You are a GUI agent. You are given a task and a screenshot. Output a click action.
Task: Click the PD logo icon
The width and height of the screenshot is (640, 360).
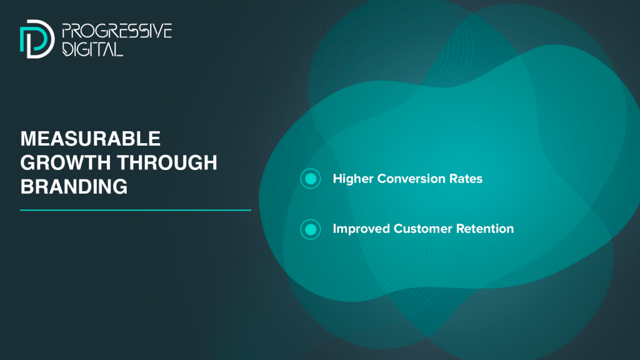pos(37,39)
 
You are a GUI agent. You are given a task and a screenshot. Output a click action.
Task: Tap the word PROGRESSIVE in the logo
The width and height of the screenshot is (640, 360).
pos(117,31)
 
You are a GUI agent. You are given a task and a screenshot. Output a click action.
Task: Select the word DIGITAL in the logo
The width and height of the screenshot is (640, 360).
pos(92,49)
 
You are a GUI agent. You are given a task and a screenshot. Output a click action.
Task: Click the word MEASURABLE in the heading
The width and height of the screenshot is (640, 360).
pos(90,139)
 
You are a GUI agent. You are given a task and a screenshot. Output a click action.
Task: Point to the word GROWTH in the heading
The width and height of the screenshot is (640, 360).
pos(65,162)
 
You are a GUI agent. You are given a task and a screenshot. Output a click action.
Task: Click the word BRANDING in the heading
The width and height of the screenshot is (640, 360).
pos(74,186)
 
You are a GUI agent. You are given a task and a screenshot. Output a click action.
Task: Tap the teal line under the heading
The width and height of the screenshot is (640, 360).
pos(136,210)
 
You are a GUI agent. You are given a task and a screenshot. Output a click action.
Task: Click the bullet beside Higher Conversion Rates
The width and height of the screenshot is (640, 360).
pos(311,179)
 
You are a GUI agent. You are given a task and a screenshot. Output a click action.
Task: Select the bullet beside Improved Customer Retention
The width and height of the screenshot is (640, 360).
pos(311,229)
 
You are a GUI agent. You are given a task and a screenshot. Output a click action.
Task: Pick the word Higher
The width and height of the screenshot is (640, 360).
pos(352,179)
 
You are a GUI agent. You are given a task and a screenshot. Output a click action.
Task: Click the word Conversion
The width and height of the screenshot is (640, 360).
pos(411,179)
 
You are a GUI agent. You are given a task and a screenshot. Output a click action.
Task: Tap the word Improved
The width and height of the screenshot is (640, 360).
pos(361,229)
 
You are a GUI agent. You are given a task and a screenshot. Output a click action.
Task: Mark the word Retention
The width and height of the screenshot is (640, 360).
pos(485,229)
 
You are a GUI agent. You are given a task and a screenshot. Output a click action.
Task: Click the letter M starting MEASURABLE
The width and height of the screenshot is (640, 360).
pos(28,139)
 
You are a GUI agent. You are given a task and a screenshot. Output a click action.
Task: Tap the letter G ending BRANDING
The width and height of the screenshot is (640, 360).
pos(121,186)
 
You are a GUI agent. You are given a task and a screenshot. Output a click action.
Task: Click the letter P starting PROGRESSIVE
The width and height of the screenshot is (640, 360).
pos(66,31)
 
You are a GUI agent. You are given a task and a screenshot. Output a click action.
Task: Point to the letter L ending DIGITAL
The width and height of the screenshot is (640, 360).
pos(118,49)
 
